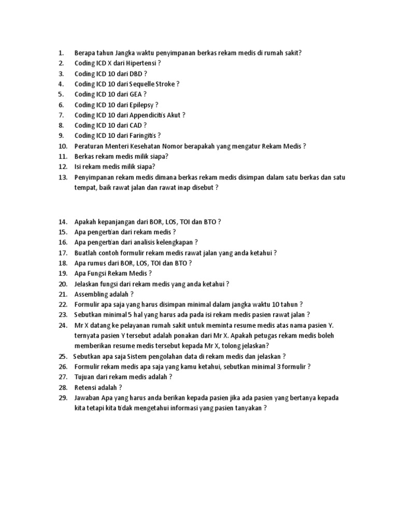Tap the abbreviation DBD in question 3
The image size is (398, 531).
(x=135, y=74)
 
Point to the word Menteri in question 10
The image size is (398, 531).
(x=118, y=146)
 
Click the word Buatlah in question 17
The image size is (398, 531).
(x=86, y=253)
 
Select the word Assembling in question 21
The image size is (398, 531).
(x=91, y=294)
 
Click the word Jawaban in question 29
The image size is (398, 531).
(x=87, y=398)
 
